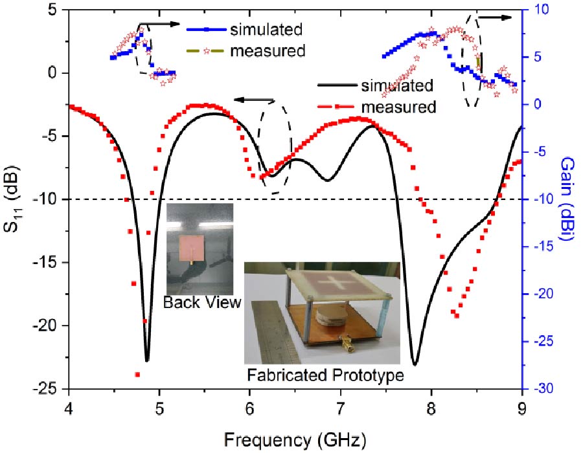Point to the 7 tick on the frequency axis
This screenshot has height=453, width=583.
tap(341, 407)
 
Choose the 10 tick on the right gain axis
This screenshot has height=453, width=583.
tap(542, 10)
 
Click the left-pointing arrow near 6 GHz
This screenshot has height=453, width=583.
tap(253, 100)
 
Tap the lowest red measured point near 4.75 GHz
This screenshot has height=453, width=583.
tap(137, 374)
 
